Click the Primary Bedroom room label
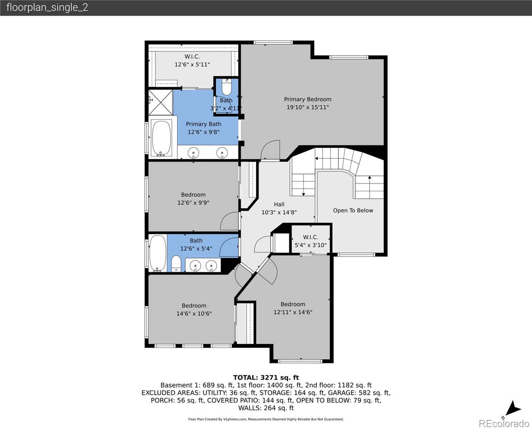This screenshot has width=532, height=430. (308, 99)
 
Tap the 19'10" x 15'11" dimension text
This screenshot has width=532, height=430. (308, 107)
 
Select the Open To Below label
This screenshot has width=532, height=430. (353, 210)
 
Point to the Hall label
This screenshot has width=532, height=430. (279, 204)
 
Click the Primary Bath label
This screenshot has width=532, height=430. (203, 124)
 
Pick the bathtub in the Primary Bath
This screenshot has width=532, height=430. (162, 138)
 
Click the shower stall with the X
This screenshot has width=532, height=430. (161, 102)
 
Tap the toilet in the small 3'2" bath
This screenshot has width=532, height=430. (227, 87)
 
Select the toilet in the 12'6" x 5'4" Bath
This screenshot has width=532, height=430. (176, 263)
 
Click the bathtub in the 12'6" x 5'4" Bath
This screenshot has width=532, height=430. (158, 253)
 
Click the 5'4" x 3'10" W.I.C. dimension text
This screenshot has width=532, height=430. (310, 245)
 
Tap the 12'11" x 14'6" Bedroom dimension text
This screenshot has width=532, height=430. (293, 312)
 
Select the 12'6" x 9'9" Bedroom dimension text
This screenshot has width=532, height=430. (193, 203)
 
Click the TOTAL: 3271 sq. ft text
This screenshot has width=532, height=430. (266, 377)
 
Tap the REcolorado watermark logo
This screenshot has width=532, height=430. (504, 423)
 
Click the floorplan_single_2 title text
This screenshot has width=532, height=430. (47, 8)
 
